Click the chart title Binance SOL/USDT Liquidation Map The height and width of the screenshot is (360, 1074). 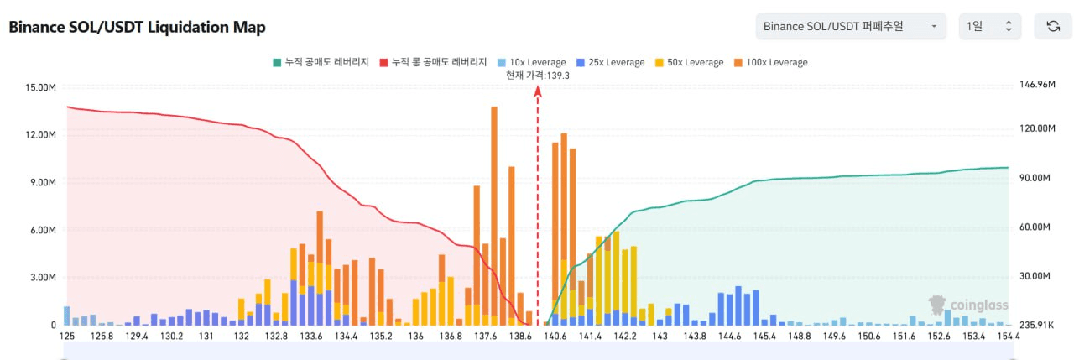[x=137, y=27]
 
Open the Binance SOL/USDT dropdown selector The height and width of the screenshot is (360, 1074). [x=850, y=26]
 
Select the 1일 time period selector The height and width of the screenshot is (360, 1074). [x=990, y=26]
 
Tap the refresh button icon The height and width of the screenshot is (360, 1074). [x=1053, y=26]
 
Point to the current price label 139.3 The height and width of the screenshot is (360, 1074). [x=538, y=76]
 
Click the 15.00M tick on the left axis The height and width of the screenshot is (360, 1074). [x=41, y=87]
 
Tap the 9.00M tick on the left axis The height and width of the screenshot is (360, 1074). [x=41, y=182]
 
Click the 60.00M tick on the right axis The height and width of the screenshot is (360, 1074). [x=1035, y=227]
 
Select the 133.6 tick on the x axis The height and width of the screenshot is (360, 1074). [x=310, y=337]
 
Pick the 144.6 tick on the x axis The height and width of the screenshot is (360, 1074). [x=729, y=337]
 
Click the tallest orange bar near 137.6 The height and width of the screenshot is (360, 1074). [x=494, y=210]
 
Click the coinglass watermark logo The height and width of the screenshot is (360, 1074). [x=968, y=305]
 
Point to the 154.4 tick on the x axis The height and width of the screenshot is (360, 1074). [x=1008, y=337]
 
